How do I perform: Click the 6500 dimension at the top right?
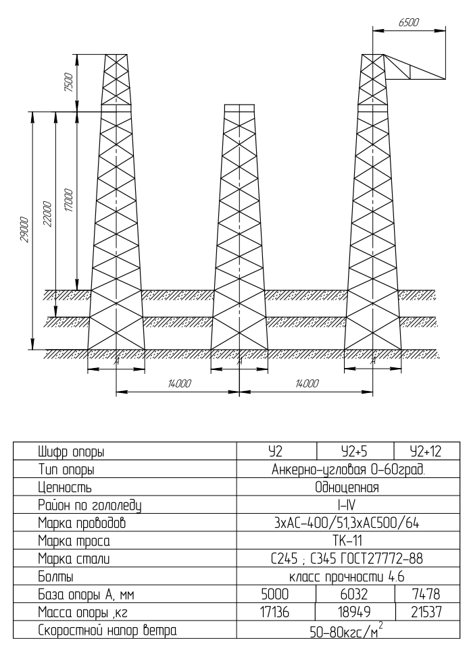[x=408, y=22]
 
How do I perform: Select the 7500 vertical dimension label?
[x=69, y=83]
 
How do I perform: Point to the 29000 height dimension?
[x=24, y=230]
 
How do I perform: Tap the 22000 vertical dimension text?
[x=47, y=215]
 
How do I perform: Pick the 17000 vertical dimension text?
[x=69, y=201]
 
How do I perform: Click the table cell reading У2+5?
[x=354, y=452]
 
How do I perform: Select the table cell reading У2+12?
[x=426, y=452]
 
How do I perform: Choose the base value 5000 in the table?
[x=275, y=594]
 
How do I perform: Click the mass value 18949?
[x=354, y=612]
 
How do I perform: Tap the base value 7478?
[x=426, y=594]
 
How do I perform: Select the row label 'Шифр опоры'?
[x=71, y=452]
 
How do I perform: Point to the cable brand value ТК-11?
[x=347, y=540]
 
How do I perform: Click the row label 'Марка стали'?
[x=74, y=558]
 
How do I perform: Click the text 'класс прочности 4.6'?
[x=347, y=577]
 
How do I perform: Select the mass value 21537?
[x=426, y=612]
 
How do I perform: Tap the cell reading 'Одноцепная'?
[x=347, y=487]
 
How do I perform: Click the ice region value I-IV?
[x=347, y=505]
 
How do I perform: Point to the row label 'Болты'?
[x=55, y=577]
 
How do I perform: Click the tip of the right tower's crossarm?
[x=446, y=79]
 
